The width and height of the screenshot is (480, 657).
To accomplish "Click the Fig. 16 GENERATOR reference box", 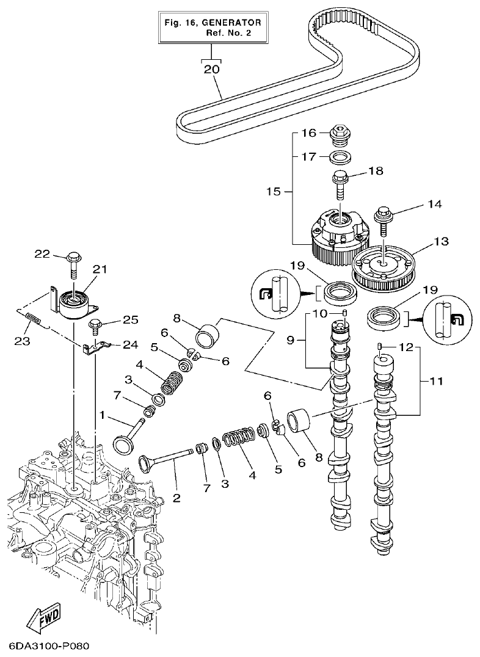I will coord(213,27).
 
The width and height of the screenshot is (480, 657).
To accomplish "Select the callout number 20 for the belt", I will coord(211,69).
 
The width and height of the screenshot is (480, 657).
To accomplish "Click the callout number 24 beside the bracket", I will coord(130,344).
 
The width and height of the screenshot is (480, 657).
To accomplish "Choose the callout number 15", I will coord(274,192).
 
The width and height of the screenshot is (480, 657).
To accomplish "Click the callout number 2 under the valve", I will coord(176,498).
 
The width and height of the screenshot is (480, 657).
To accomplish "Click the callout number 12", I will coord(405,347).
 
